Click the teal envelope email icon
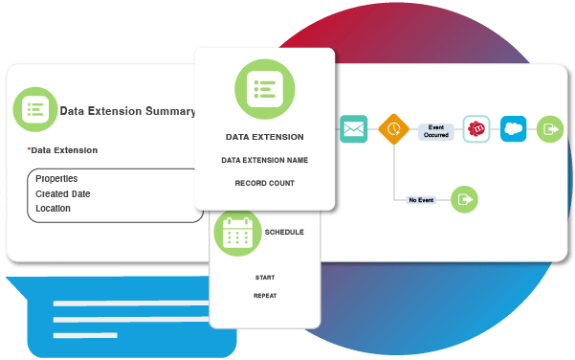coord(353,128)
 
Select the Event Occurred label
coord(436,130)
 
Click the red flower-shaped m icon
coord(475,128)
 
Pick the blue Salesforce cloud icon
coord(514,128)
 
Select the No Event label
coord(421,200)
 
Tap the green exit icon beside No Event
coord(464,199)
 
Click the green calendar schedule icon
coord(236,233)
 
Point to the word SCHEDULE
coord(284,232)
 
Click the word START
coord(265,278)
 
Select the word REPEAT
coord(265,296)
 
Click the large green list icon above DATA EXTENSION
coord(264,90)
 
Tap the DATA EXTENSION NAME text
coord(265,160)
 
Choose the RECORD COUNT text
coord(265,183)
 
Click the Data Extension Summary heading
coord(128,111)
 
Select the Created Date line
coord(64,193)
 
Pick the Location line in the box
coord(54,208)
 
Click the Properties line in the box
coord(56,179)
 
